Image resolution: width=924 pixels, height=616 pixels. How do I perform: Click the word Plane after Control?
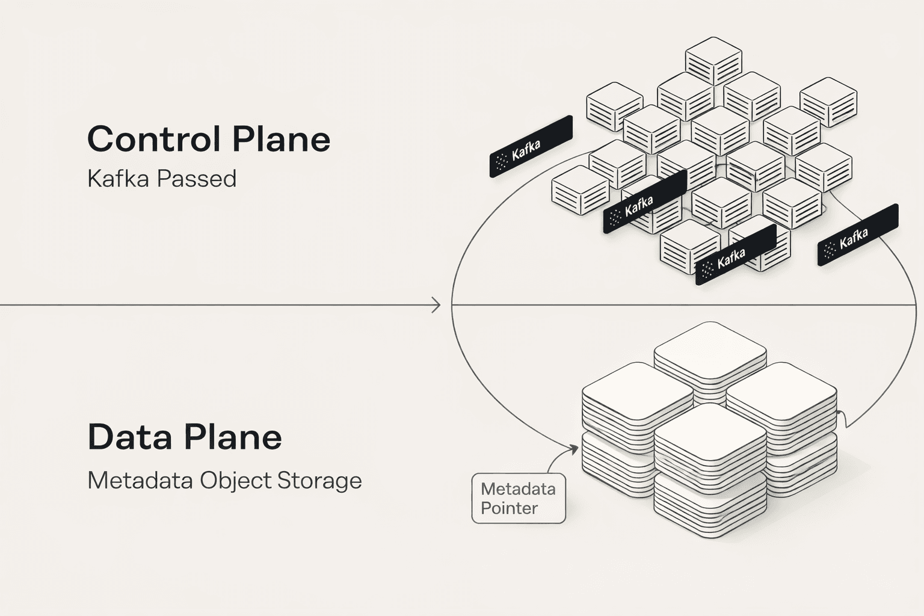282,139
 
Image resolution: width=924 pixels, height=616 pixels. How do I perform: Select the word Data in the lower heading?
128,437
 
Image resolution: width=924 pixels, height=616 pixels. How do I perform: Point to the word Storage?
319,481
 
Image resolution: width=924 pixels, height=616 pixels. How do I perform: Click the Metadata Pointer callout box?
518,498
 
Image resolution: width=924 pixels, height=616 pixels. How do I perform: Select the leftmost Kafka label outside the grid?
531,147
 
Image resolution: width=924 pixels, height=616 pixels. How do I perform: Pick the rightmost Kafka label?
858,235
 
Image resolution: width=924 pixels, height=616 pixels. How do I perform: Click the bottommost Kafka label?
735,256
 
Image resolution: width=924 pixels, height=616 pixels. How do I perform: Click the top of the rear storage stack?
710,346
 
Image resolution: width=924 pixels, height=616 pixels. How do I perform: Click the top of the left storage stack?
637,388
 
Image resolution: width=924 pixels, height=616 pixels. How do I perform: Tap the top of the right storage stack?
781,388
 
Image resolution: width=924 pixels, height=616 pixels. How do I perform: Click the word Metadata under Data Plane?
140,481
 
